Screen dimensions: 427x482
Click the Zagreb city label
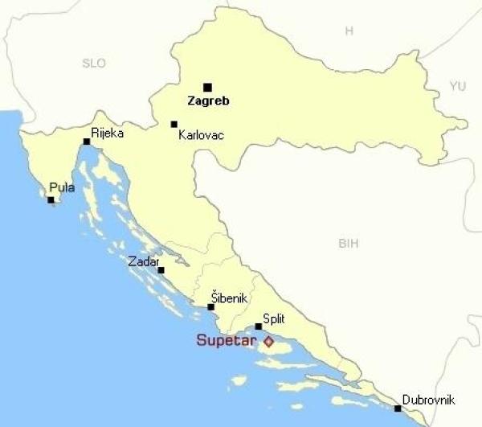pos(208,102)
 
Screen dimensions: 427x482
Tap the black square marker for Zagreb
pos(207,87)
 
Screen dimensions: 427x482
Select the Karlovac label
pos(201,136)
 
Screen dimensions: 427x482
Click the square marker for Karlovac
pos(174,125)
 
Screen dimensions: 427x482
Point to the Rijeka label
pos(108,133)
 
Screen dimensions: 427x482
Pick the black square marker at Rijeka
pos(87,142)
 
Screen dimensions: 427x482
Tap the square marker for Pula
pos(51,199)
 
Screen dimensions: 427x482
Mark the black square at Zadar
pos(161,270)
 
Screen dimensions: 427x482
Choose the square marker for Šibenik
pos(211,307)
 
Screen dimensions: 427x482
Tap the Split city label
pos(274,318)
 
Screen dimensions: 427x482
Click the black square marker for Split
pos(258,326)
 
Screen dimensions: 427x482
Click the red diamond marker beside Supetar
pos(268,342)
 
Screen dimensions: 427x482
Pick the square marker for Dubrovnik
pos(398,409)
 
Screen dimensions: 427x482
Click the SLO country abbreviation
pos(94,63)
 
